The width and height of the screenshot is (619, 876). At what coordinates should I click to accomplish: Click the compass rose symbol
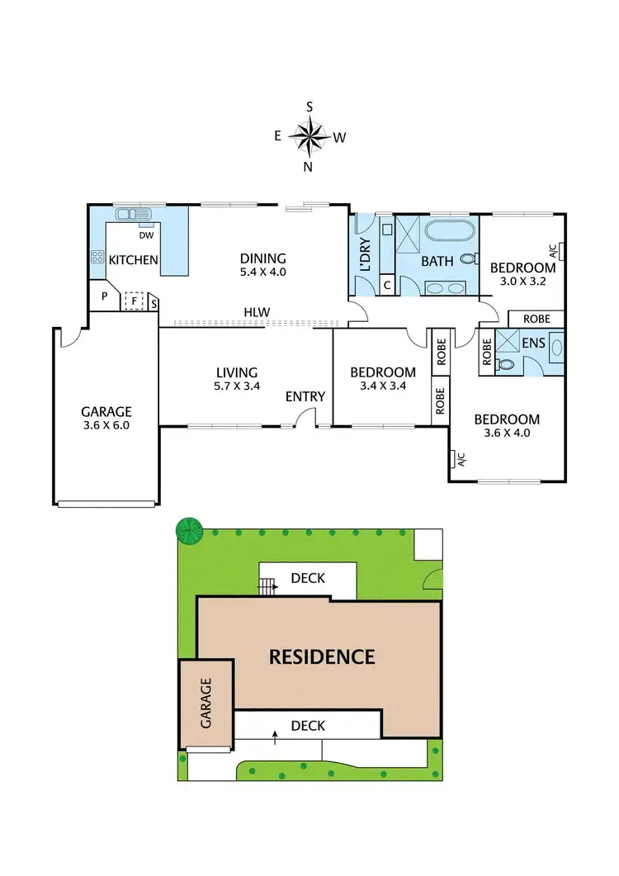[x=309, y=137]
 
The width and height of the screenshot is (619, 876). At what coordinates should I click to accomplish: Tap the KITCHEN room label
[x=134, y=260]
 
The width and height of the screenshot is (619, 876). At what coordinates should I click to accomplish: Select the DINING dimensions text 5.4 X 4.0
[x=262, y=272]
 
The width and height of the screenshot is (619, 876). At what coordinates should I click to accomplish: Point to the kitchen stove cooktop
[x=97, y=257]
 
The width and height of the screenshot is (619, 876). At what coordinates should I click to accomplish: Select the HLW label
[x=256, y=312]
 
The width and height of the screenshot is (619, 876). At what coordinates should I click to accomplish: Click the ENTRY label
[x=305, y=397]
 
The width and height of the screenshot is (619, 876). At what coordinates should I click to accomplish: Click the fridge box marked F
[x=133, y=301]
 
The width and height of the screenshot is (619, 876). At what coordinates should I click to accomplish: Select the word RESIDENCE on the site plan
[x=322, y=657]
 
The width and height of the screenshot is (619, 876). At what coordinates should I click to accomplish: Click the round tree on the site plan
[x=190, y=530]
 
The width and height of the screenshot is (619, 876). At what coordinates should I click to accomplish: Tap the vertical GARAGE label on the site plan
[x=206, y=703]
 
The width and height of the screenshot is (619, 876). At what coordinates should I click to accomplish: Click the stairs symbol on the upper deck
[x=267, y=587]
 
